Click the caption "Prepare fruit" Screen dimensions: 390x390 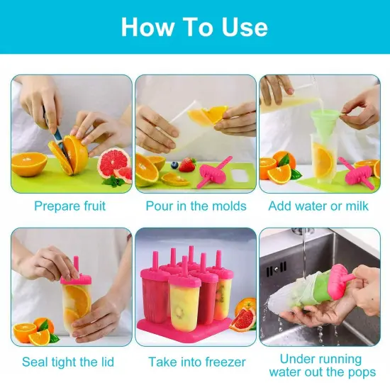pyautogui.click(x=70, y=206)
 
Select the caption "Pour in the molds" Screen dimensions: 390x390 pyautogui.click(x=196, y=206)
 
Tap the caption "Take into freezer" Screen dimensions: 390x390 pyautogui.click(x=196, y=362)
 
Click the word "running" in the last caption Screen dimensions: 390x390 pyautogui.click(x=334, y=359)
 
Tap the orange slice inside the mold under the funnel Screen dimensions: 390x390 pyautogui.click(x=323, y=162)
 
